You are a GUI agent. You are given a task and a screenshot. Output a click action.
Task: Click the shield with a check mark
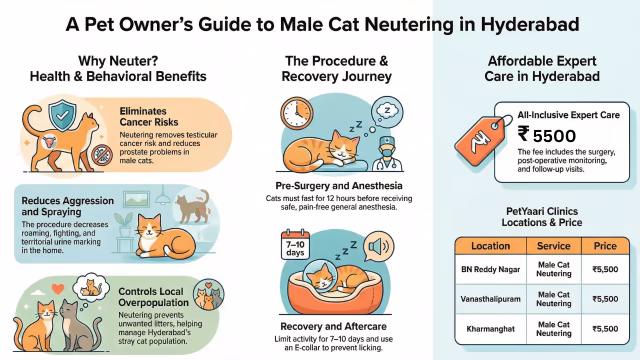point(62,115)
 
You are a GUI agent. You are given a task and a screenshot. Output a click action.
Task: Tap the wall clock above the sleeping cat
point(297,113)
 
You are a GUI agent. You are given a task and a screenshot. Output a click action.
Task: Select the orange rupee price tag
point(481,140)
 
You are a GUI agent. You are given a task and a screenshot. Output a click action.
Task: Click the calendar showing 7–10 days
point(296,244)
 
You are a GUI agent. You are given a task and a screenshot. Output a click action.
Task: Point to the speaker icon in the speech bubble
point(379,247)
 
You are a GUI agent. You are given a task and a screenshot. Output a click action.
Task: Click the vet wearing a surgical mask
point(387,154)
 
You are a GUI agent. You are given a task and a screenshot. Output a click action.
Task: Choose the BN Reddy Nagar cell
point(491,269)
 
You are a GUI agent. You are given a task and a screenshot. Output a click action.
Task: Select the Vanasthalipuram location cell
point(491,299)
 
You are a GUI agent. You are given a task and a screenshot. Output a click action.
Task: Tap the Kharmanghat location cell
point(491,329)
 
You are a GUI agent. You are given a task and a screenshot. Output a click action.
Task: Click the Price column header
point(605,246)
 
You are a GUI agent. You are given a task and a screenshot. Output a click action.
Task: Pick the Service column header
point(553,246)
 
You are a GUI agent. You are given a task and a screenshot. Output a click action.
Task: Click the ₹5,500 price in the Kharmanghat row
point(605,329)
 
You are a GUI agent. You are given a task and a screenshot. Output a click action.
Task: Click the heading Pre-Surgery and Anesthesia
point(339,186)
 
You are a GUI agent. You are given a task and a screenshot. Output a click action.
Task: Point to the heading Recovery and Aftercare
point(333,327)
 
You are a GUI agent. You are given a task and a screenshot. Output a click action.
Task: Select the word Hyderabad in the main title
point(530,24)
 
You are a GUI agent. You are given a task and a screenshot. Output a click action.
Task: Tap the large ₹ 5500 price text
point(547,135)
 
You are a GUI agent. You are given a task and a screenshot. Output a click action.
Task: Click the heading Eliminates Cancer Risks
point(149,117)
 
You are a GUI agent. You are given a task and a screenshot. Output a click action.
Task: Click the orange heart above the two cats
point(58,289)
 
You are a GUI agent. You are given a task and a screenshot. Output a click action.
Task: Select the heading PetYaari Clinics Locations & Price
point(542,217)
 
